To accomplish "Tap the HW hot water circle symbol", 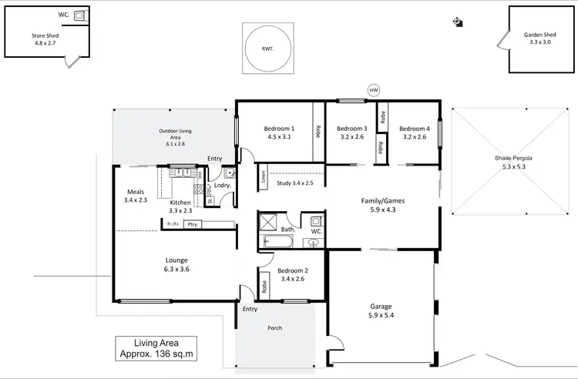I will tap(375, 90).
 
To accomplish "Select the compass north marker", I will tap(458, 22).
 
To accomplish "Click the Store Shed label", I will tap(45, 39).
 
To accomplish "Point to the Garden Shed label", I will tap(540, 39).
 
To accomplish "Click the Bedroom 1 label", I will tap(279, 132).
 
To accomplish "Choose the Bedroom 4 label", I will tap(414, 132).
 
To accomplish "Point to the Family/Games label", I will tap(383, 205).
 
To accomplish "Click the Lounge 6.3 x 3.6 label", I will tap(176, 264).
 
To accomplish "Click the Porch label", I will tap(274, 327).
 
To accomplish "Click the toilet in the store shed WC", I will tap(79, 15).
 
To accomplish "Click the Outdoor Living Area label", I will tap(176, 136).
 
